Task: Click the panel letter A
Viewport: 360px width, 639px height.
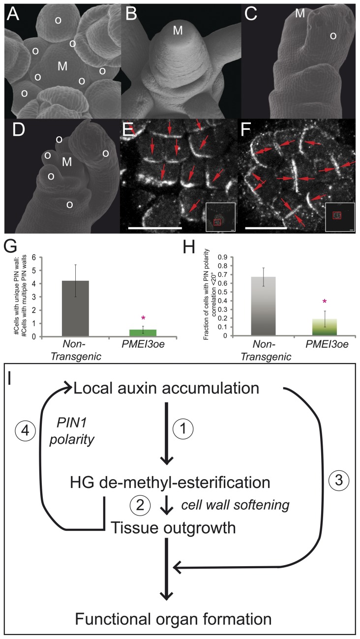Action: (x=13, y=17)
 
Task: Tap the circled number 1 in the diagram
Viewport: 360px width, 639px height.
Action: (x=192, y=428)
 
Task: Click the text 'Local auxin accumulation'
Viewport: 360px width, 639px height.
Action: (x=166, y=390)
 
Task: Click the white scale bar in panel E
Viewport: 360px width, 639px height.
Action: (x=151, y=227)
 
